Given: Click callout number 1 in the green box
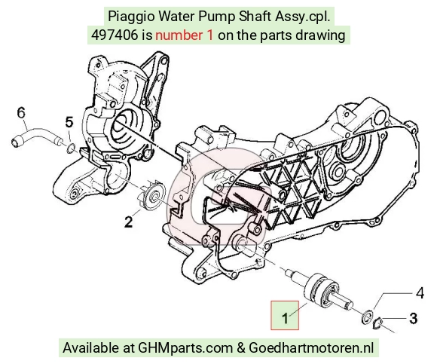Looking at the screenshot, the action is click(285, 318).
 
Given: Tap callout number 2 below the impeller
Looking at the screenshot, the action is click(129, 222).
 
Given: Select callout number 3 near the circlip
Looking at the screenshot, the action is click(414, 318).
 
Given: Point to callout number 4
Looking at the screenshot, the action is click(420, 293).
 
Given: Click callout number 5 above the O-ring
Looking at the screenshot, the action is click(69, 122).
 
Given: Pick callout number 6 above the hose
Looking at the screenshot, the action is click(21, 112).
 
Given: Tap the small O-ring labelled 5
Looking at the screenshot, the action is click(71, 148).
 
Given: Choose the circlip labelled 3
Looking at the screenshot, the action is click(378, 323).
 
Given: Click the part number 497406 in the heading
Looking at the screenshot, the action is click(115, 35).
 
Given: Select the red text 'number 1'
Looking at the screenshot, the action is click(185, 35).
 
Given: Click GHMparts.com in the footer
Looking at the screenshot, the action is click(185, 348).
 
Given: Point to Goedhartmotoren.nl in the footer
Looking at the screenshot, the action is click(311, 348).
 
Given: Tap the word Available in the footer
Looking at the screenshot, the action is click(90, 348).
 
